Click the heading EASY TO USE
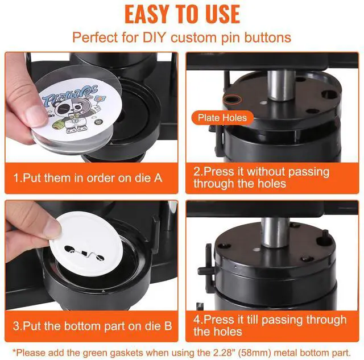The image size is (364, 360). (x=182, y=14)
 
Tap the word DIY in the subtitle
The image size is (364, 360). (x=155, y=37)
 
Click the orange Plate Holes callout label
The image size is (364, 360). (x=222, y=118)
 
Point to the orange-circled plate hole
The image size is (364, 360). (x=232, y=100)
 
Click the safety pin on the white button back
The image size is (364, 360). (x=84, y=253)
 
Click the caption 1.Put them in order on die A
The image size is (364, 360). (x=88, y=178)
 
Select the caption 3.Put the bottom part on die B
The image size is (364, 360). (x=92, y=326)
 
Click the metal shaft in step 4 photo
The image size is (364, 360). (x=275, y=235)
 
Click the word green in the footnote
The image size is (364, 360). (x=95, y=353)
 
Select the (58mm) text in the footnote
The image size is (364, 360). (x=255, y=353)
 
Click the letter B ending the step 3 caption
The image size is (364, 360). (x=168, y=326)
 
